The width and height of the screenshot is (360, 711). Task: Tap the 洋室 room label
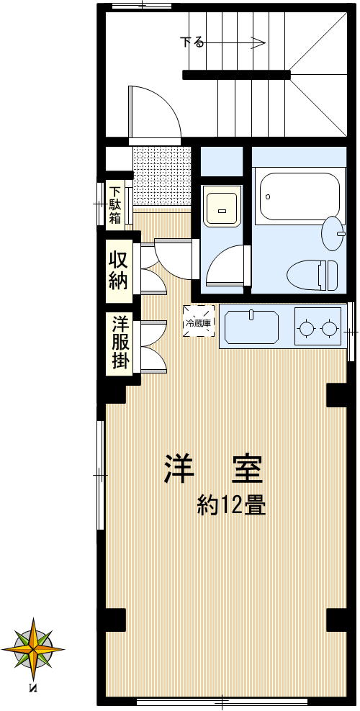click(x=213, y=469)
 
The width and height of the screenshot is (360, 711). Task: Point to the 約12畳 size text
click(x=232, y=506)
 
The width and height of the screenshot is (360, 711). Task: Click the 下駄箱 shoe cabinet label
click(x=115, y=204)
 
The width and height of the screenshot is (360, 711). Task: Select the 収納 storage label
click(x=118, y=269)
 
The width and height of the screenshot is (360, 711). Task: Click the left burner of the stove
click(x=307, y=329)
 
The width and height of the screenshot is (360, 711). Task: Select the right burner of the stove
click(x=330, y=329)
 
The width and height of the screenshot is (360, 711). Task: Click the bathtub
click(x=298, y=196)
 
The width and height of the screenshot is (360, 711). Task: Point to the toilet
click(x=312, y=274)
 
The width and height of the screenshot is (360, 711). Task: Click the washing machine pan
click(x=222, y=207)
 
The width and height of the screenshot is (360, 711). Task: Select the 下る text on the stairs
click(x=192, y=42)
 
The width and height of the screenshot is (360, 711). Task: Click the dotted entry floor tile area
click(x=162, y=175)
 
